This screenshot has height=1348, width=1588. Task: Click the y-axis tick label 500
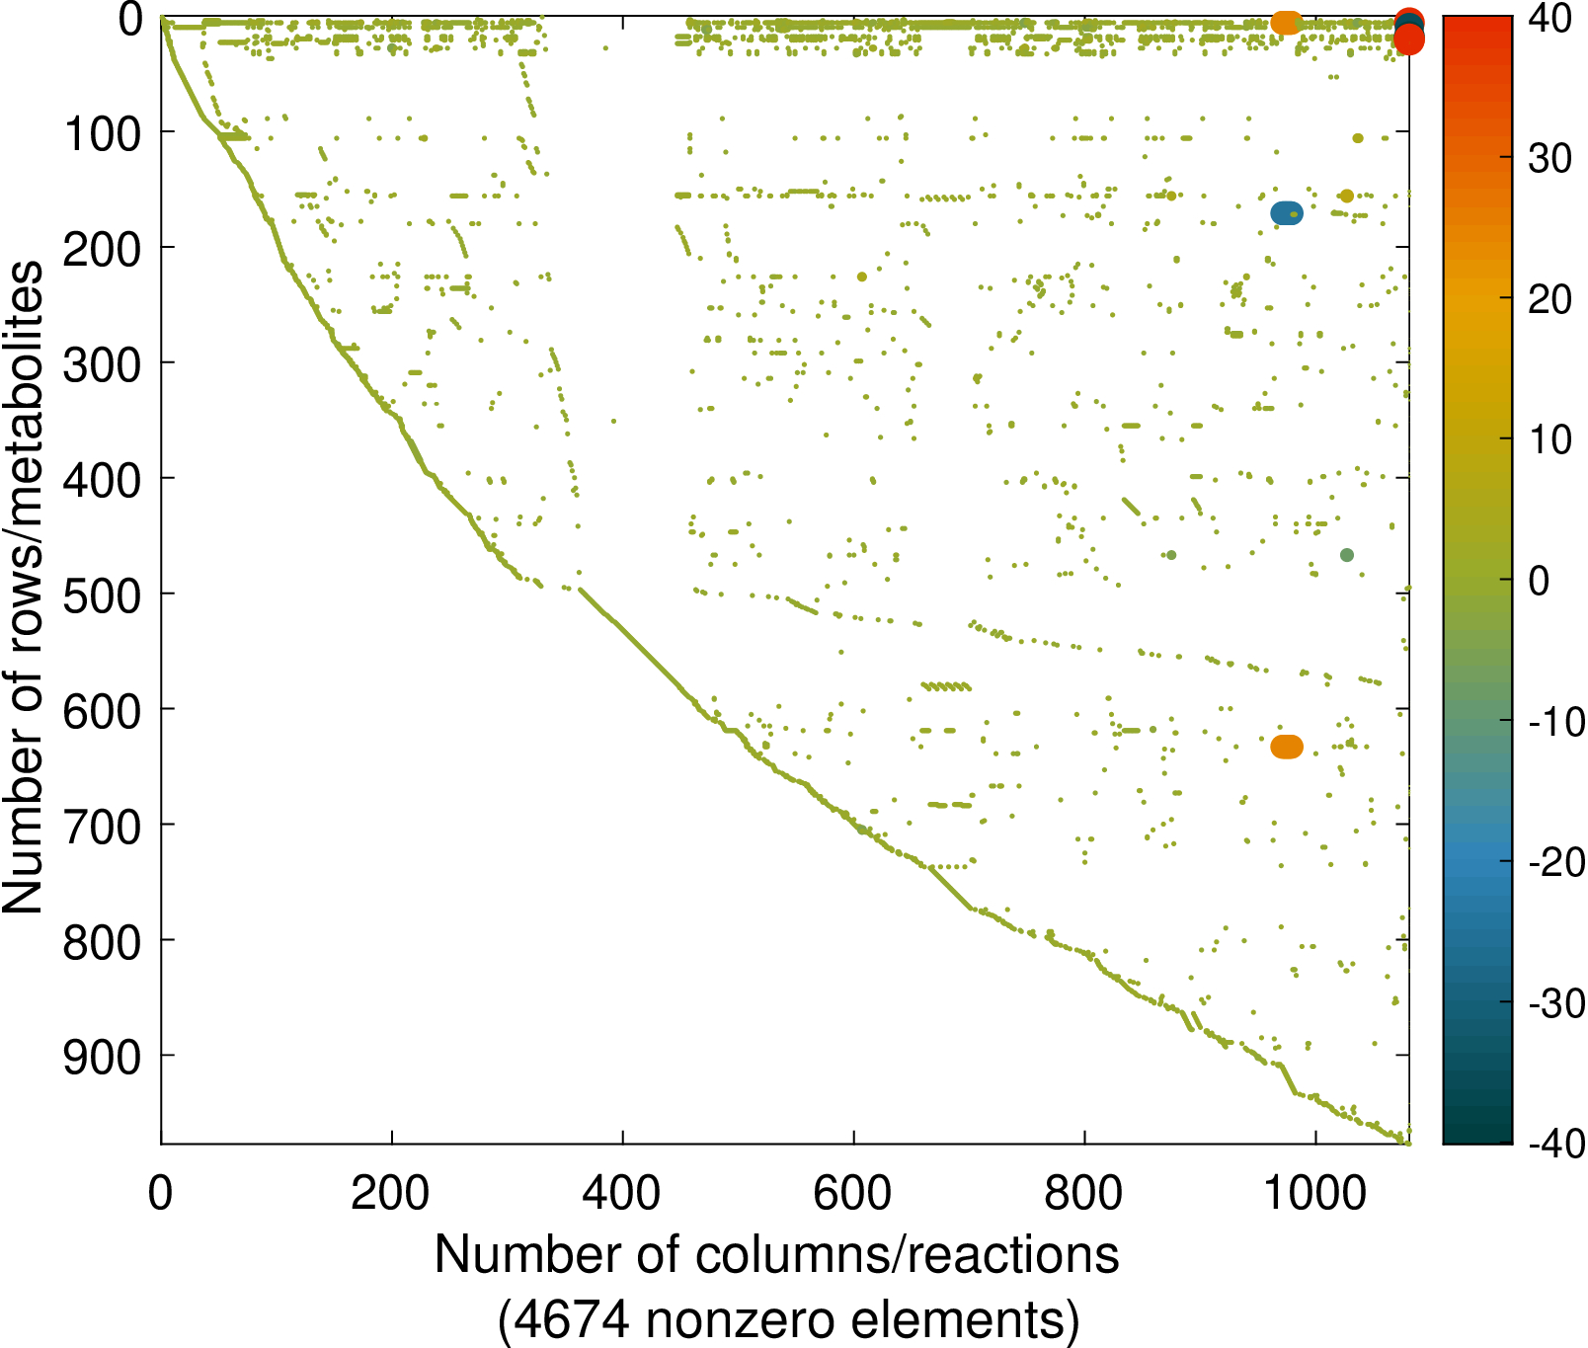coord(103,595)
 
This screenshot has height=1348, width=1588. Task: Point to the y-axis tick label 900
coord(103,1057)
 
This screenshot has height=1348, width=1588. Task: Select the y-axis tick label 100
coord(103,133)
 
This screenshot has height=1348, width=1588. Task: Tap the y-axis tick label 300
coord(103,364)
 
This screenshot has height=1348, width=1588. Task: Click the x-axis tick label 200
coord(391,1193)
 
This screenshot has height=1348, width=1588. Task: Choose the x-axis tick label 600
coord(852,1193)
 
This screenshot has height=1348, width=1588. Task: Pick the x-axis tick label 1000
coord(1314,1193)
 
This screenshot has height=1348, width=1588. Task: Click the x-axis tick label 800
coord(1083,1193)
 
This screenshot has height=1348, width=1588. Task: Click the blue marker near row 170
coord(1287,213)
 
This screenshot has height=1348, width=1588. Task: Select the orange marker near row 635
coord(1287,747)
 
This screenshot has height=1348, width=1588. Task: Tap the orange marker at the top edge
coord(1286,22)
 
